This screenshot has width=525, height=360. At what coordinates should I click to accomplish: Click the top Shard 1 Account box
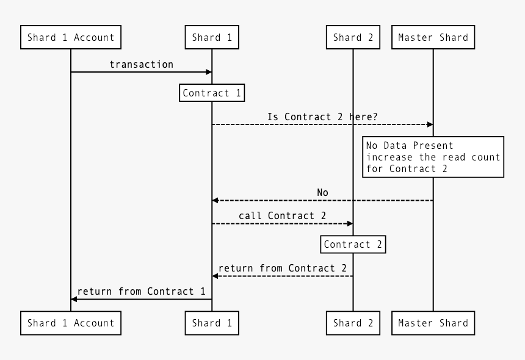click(70, 37)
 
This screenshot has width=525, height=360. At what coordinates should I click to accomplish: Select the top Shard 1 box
click(212, 37)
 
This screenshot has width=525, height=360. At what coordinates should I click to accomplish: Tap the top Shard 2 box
click(353, 37)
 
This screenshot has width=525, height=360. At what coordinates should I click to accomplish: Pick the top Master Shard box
click(433, 37)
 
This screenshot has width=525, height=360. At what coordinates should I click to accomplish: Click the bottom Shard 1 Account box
click(70, 323)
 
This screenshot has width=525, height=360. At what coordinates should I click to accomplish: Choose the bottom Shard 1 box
click(212, 323)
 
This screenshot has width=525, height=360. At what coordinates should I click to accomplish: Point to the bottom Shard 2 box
click(353, 323)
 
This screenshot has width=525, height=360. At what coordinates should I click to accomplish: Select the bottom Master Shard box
click(433, 323)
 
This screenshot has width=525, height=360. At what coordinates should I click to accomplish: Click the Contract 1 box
click(212, 93)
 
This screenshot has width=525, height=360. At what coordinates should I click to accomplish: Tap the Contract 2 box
click(353, 245)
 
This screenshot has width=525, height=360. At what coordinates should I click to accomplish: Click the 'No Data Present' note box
click(433, 157)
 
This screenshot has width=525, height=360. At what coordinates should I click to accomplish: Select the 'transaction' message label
click(141, 64)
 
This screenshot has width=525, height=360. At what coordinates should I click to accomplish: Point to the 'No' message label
click(322, 192)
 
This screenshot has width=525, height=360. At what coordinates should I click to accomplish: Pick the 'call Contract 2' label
click(282, 215)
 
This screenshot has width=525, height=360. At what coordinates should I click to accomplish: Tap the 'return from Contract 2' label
click(282, 268)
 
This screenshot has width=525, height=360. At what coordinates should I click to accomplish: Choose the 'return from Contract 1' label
click(141, 291)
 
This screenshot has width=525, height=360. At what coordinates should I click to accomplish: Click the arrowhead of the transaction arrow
click(209, 72)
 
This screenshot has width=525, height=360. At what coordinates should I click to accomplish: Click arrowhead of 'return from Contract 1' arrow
click(74, 299)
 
